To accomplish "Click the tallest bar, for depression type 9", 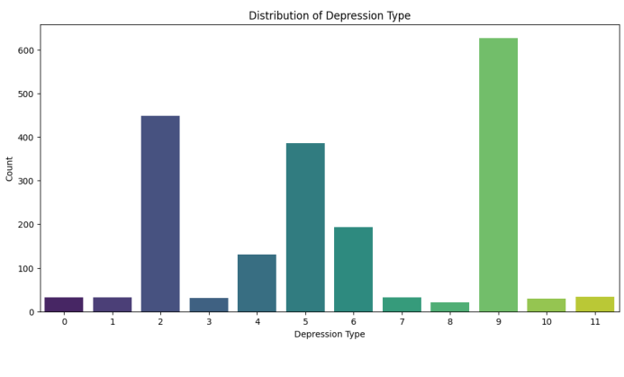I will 498,175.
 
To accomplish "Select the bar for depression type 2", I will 160,214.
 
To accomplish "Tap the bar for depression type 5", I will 305,228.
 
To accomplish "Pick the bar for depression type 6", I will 353,269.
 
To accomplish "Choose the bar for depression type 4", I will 257,283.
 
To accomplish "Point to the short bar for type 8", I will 449,307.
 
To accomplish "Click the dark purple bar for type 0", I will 64,304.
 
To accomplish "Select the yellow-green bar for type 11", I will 594,304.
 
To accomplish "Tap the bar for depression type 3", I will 209,305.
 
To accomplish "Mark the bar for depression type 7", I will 402,304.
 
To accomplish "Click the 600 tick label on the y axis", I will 26,50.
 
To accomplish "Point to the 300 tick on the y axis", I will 26,181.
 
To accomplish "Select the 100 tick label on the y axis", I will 26,268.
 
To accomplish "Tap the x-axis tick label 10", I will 546,321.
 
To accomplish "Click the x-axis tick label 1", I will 113,321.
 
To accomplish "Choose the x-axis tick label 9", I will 498,321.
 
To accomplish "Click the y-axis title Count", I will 10,167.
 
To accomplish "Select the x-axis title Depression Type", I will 330,335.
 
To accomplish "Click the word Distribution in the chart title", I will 303,15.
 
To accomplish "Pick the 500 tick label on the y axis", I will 26,94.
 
